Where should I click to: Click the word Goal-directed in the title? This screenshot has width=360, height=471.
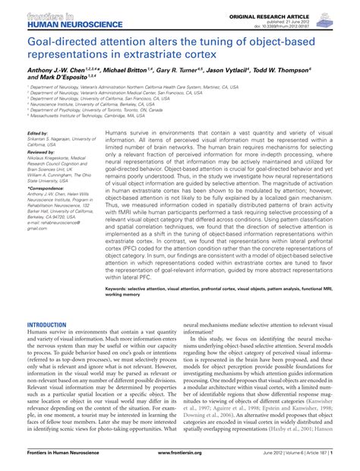pos(62,43)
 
